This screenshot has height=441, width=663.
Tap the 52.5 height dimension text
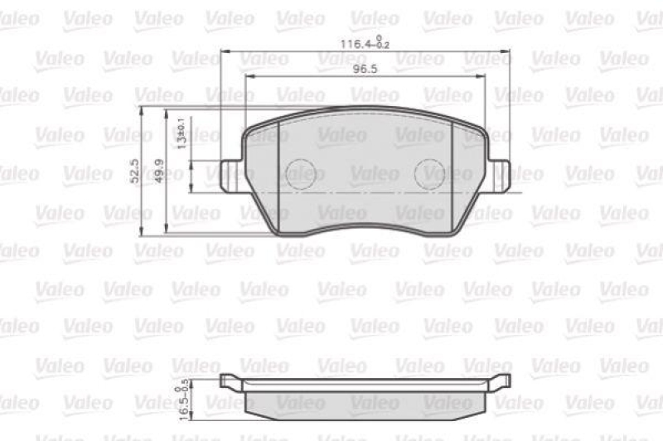(x=133, y=172)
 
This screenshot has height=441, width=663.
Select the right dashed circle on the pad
(x=429, y=172)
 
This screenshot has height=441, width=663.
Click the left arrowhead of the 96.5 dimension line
(x=249, y=77)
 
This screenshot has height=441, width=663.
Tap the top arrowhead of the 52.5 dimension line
(x=142, y=109)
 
